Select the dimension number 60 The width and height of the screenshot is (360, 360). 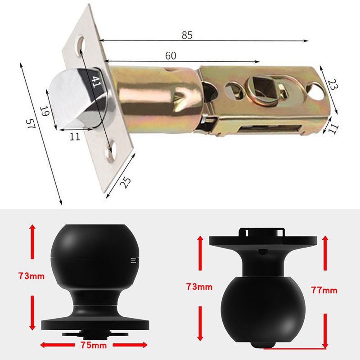[170, 56]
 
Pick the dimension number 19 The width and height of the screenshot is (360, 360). [44, 112]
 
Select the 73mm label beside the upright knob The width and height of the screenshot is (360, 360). [31, 276]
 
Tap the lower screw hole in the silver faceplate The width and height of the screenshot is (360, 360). [110, 153]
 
